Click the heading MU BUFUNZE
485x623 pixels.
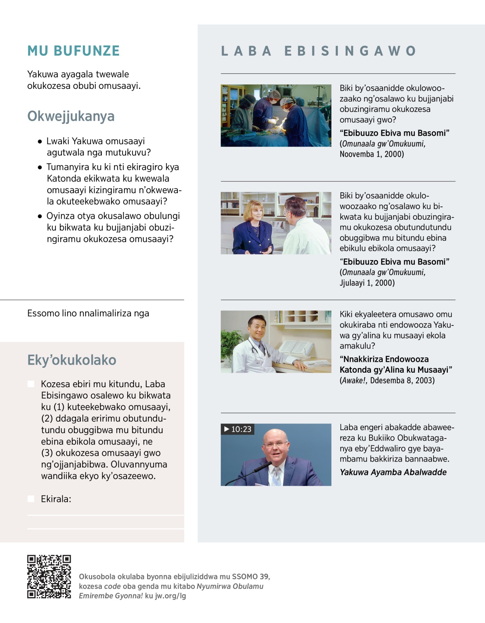pyautogui.click(x=74, y=51)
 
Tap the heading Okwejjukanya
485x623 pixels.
pyautogui.click(x=71, y=116)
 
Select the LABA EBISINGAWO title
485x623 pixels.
pyautogui.click(x=318, y=51)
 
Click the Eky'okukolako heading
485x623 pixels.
pyautogui.click(x=72, y=360)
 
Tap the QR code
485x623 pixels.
pyautogui.click(x=49, y=577)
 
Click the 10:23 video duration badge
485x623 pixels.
pyautogui.click(x=238, y=429)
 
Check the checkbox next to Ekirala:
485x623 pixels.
pyautogui.click(x=31, y=499)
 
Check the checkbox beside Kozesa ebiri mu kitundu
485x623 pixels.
pyautogui.click(x=31, y=384)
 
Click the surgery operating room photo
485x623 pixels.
pyautogui.click(x=276, y=115)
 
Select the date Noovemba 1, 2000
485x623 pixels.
pyautogui.click(x=371, y=154)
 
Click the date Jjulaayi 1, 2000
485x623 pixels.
pyautogui.click(x=367, y=283)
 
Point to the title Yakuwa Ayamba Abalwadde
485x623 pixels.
pyautogui.click(x=393, y=472)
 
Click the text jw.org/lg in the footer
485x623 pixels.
pyautogui.click(x=171, y=596)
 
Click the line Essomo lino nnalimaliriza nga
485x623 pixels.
pyautogui.click(x=88, y=313)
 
